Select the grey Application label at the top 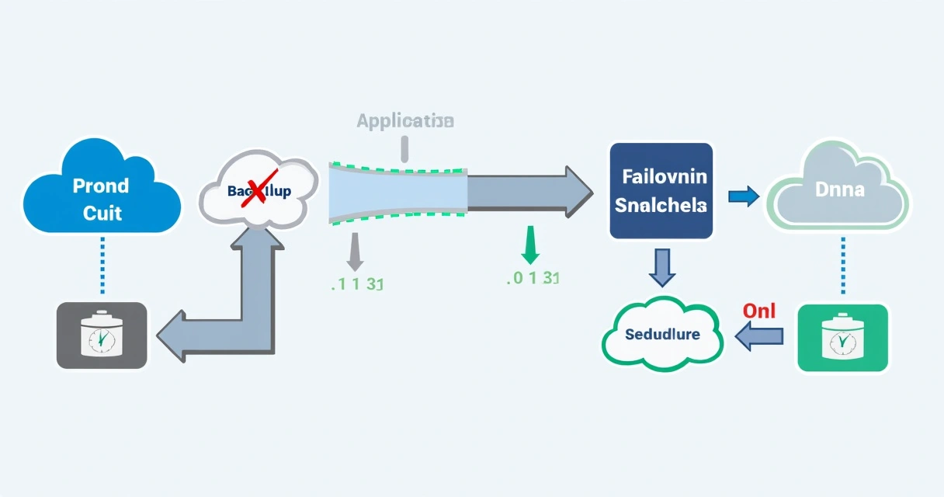(404, 121)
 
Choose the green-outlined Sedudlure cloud (662, 335)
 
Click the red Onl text (758, 310)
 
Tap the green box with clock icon (842, 339)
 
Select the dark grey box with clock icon (102, 335)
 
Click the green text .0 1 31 (532, 278)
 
